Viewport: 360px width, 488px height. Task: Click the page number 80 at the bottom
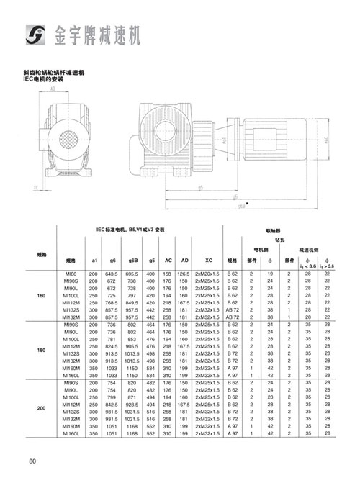(33, 461)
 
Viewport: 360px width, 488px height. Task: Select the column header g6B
(132, 260)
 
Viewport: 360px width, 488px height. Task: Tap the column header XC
(208, 260)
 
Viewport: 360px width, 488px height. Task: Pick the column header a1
(94, 260)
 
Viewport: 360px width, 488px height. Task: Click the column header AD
(184, 260)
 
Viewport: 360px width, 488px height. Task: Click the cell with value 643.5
(112, 274)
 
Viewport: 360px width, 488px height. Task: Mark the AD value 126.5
(184, 274)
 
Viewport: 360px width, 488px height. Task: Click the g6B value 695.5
(132, 274)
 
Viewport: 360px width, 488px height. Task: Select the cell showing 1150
(132, 368)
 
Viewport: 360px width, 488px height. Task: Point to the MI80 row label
(70, 274)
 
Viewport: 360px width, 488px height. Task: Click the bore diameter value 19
(271, 274)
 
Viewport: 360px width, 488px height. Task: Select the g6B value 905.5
(132, 346)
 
